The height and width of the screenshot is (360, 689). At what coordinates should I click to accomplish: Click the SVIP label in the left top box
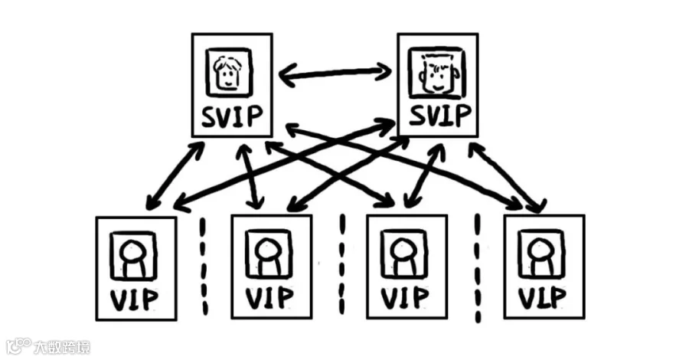[231, 118]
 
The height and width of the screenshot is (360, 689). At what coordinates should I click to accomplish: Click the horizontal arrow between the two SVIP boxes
[335, 74]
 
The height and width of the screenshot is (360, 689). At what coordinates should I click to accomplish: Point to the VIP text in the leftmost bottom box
[136, 297]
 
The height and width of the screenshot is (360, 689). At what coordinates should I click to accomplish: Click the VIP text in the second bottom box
[271, 297]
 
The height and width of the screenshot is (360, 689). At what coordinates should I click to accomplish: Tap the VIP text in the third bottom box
[407, 297]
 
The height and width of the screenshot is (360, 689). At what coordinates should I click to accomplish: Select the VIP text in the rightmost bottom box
[543, 297]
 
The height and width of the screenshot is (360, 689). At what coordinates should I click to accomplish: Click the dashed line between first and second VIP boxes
[204, 264]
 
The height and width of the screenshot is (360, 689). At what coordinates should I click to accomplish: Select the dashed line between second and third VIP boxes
[341, 264]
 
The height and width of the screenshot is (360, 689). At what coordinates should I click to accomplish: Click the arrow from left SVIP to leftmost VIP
[175, 175]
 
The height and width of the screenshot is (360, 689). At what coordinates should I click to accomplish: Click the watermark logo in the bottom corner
[18, 347]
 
